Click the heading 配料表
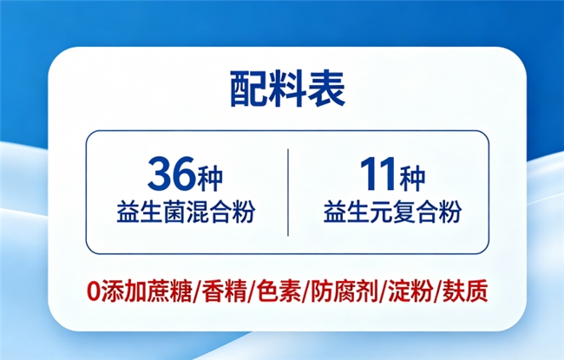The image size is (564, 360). (287, 89)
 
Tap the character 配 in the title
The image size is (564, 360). (248, 89)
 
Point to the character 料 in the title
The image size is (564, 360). (287, 89)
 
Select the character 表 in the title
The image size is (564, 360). (326, 89)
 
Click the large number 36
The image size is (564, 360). (172, 174)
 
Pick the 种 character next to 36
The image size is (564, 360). (210, 179)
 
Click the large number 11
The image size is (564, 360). (379, 174)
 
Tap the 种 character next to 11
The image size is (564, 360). (413, 179)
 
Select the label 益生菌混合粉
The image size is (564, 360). (186, 212)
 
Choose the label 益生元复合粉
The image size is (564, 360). (392, 212)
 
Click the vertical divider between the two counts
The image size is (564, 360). (288, 193)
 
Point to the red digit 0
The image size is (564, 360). (93, 291)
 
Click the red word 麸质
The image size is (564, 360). (465, 291)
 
